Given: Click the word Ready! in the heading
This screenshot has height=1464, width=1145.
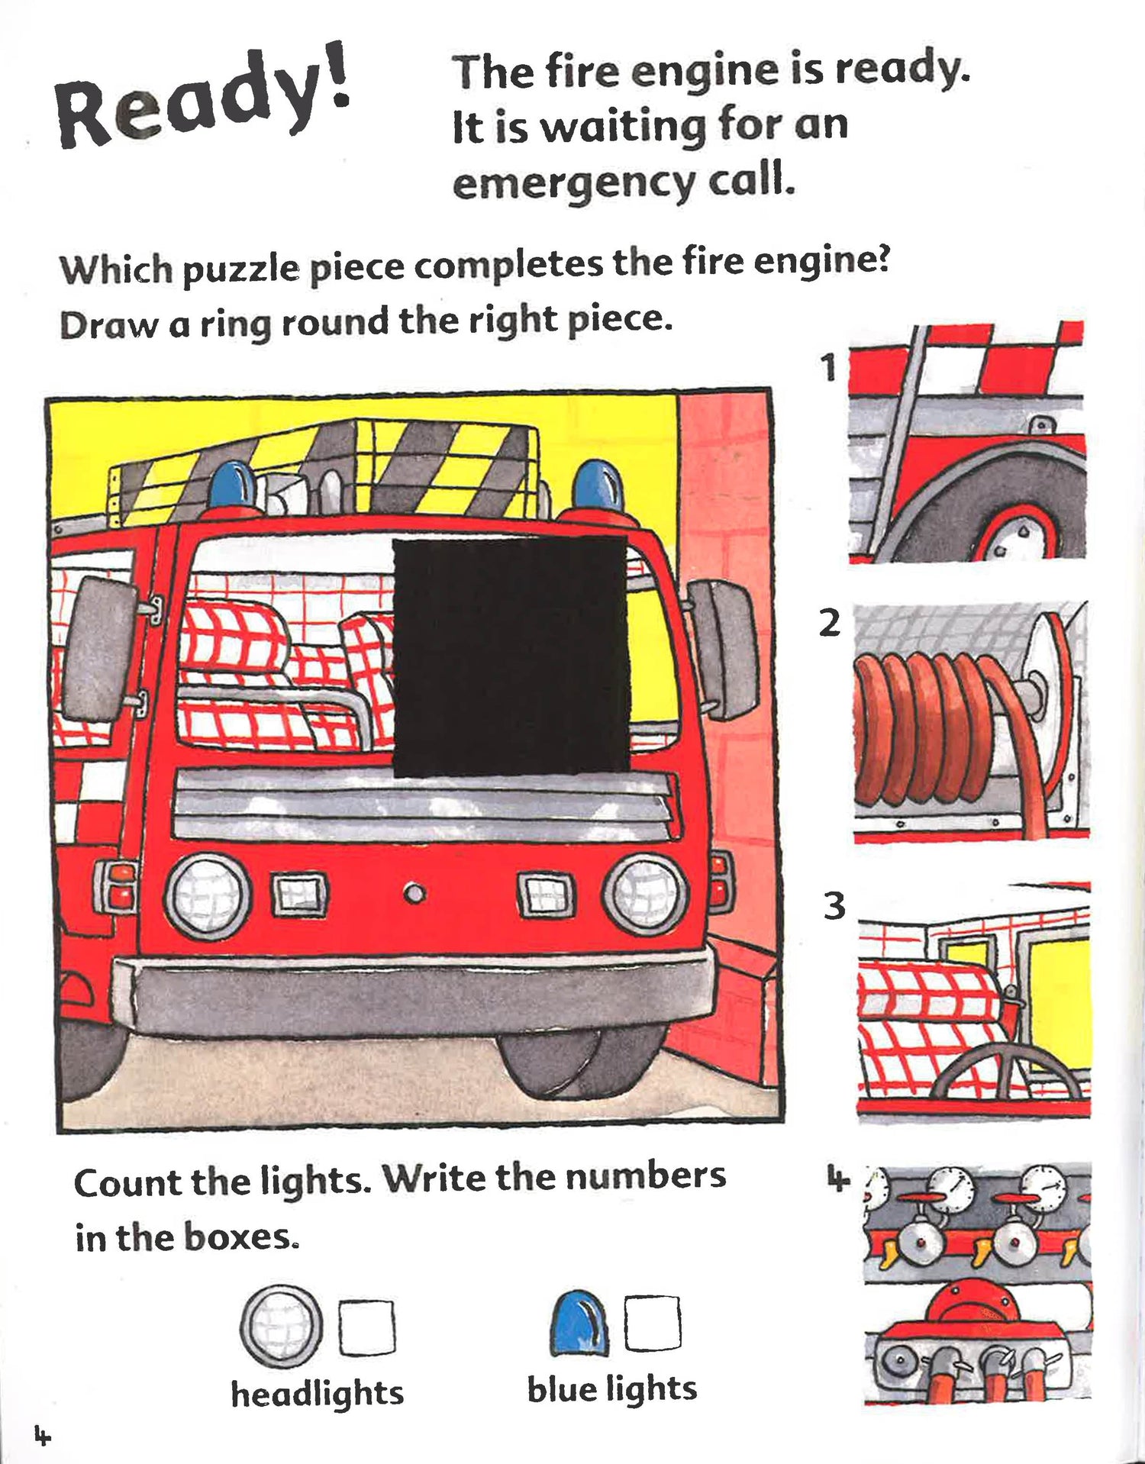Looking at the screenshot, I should pos(202,99).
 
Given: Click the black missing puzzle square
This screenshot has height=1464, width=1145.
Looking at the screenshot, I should pos(511,656).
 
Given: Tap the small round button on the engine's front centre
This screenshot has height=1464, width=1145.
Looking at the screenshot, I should pos(414,893).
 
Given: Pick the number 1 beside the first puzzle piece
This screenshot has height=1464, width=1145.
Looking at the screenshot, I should pos(829,368).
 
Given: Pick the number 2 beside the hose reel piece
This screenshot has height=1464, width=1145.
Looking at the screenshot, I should pos(829,624).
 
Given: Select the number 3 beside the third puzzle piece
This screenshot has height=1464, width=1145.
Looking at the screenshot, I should pos(834,906).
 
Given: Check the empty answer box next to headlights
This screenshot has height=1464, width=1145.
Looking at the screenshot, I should pos(367,1328).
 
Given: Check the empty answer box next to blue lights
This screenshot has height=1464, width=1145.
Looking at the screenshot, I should pos(653,1323).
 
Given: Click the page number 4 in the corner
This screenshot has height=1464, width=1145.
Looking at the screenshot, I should pos(42,1435).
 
